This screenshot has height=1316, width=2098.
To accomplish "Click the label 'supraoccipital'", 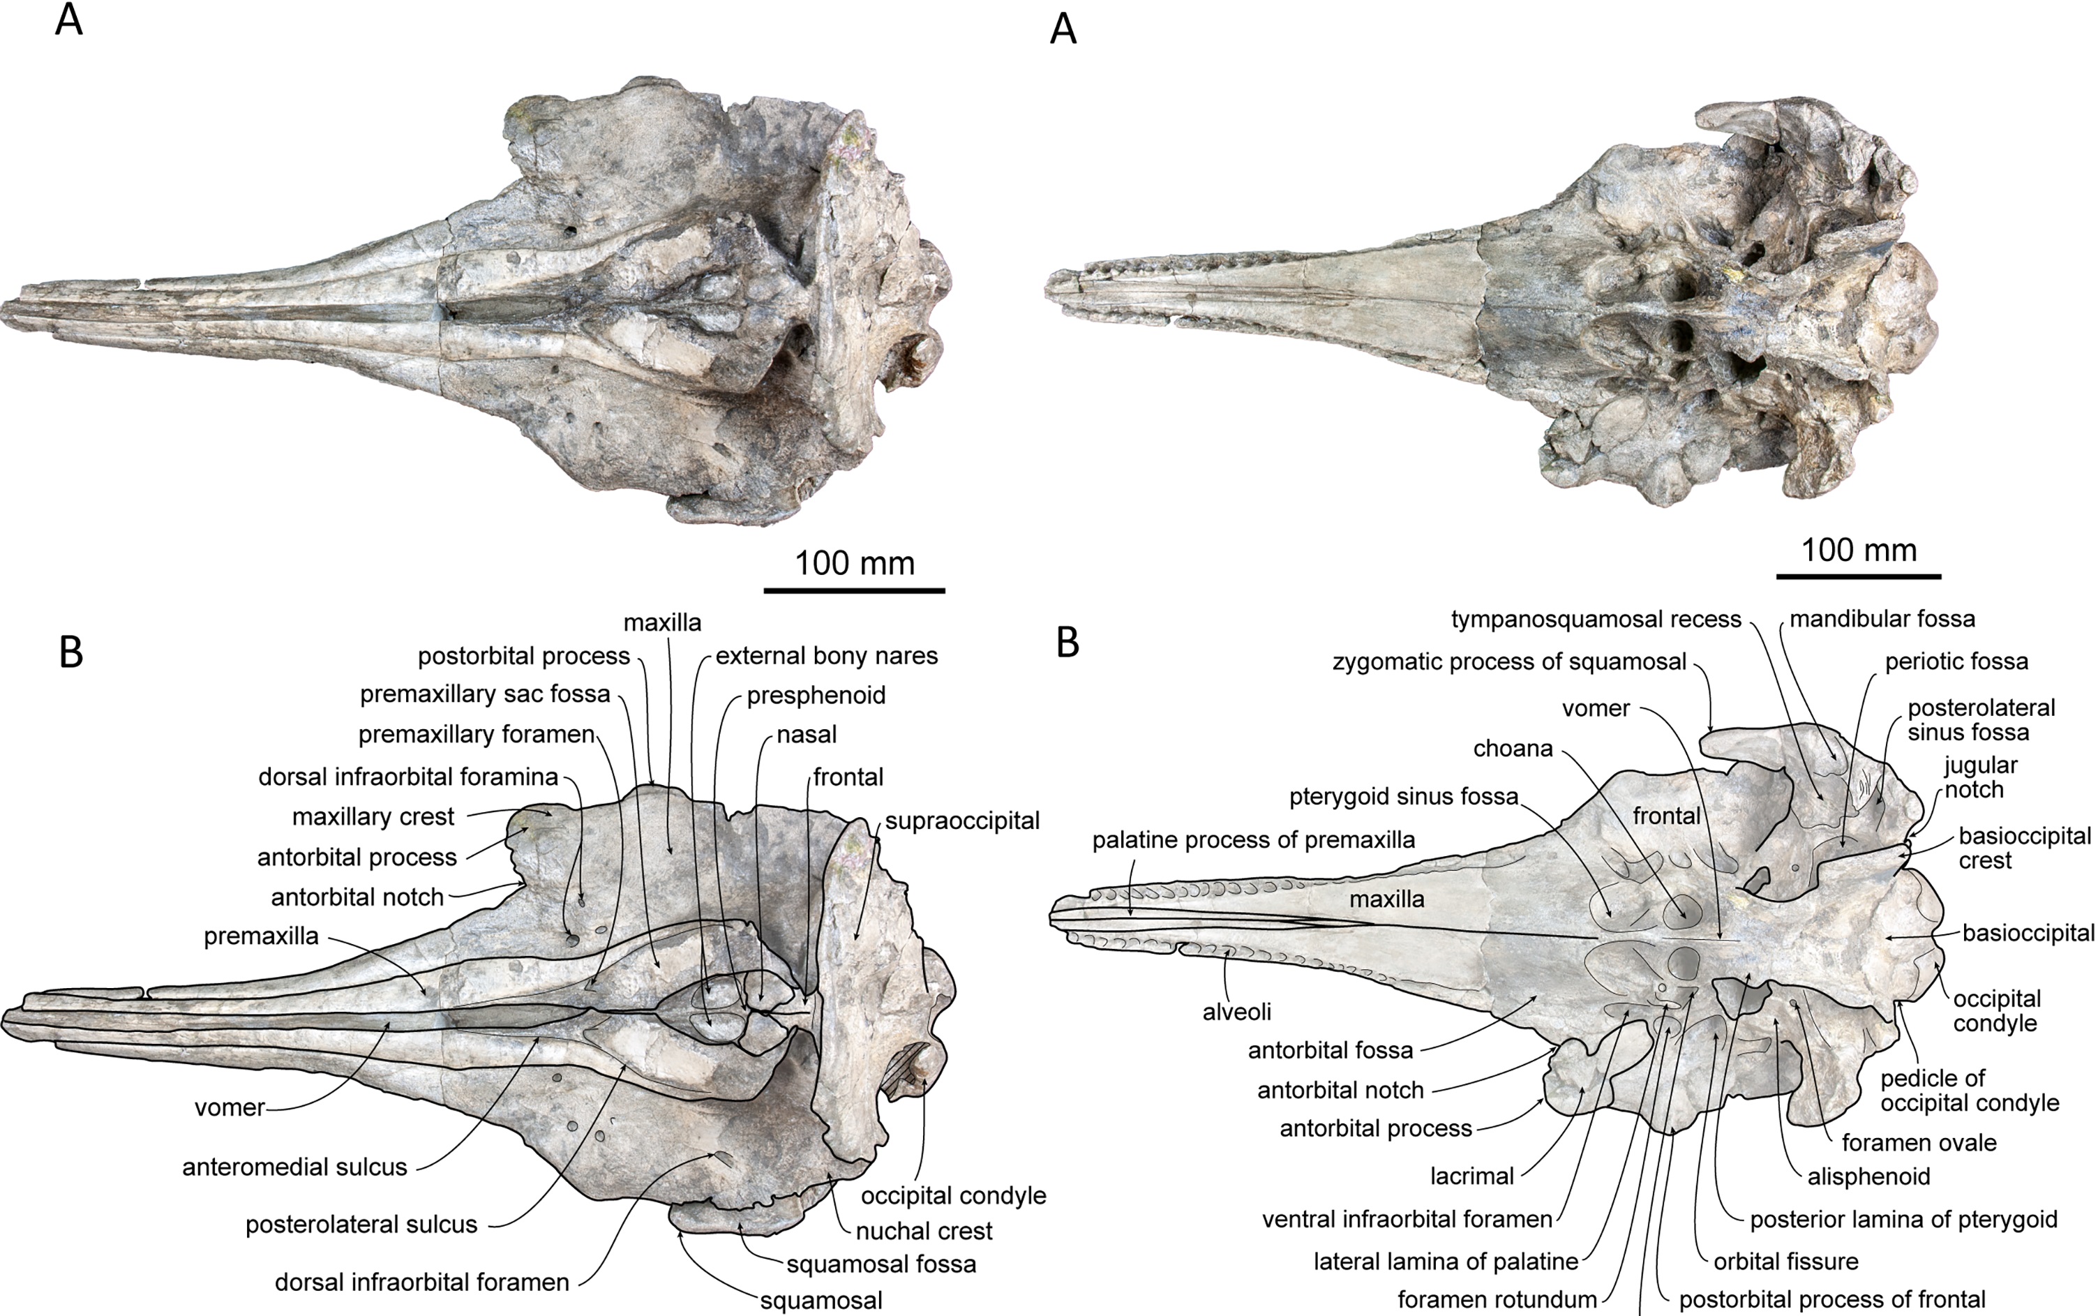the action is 962,821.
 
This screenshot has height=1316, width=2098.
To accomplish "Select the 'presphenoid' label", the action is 816,696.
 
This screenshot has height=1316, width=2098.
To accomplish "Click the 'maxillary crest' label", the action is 373,817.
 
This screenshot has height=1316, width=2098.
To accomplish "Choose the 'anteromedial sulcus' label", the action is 294,1167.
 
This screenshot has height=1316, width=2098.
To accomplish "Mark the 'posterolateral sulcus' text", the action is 361,1225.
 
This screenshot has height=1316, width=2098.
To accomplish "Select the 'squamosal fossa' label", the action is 881,1264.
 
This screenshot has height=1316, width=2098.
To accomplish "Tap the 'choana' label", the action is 1513,749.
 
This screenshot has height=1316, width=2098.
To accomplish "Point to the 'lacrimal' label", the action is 1471,1176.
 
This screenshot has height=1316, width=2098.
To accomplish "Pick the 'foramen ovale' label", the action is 1919,1143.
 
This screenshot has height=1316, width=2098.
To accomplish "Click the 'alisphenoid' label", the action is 1868,1176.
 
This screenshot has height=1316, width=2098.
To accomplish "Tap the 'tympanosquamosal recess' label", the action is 1596,620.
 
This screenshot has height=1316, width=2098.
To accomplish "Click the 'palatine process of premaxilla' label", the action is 1254,840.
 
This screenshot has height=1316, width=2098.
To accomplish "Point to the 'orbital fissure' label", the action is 1785,1261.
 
